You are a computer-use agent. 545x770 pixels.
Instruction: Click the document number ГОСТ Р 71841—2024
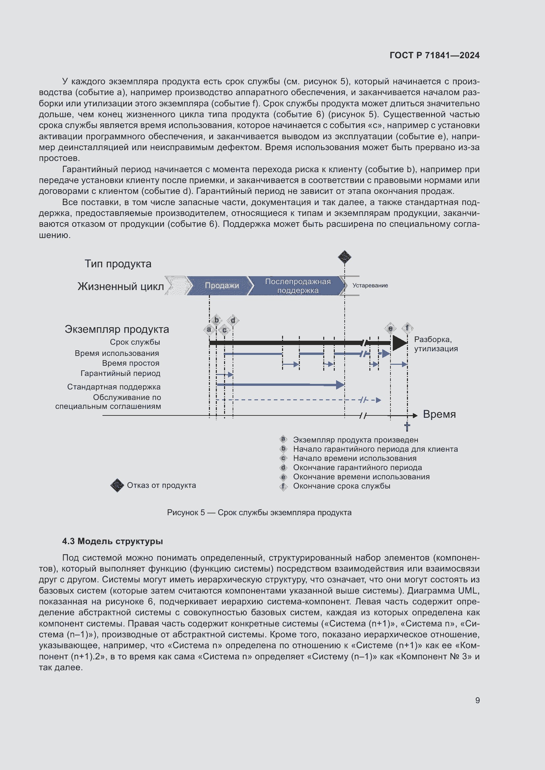434,55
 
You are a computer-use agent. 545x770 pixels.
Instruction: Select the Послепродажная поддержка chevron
297,286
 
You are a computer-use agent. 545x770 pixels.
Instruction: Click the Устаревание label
370,285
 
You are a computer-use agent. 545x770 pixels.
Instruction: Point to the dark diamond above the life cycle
344,257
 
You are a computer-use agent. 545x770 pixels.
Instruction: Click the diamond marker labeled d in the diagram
233,320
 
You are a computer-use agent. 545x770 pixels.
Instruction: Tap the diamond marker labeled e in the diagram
390,328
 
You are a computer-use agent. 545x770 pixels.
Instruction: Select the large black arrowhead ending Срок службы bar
399,343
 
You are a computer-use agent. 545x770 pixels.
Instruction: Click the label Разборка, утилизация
436,344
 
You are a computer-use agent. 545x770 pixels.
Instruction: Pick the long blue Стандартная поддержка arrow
280,385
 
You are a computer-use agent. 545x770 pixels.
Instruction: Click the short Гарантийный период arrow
224,374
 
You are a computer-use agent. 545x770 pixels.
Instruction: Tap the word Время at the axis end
439,414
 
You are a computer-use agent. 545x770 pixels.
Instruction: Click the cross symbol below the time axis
407,427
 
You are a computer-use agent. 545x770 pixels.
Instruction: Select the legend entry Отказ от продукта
161,485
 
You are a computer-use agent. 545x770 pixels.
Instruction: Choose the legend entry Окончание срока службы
341,486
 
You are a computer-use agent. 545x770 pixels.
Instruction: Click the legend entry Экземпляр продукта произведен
356,440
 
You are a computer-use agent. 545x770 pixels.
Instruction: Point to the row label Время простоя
130,363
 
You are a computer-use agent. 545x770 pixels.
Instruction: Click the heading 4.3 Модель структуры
112,541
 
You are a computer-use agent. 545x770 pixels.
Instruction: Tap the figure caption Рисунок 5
259,513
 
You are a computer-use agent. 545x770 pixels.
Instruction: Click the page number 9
477,700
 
